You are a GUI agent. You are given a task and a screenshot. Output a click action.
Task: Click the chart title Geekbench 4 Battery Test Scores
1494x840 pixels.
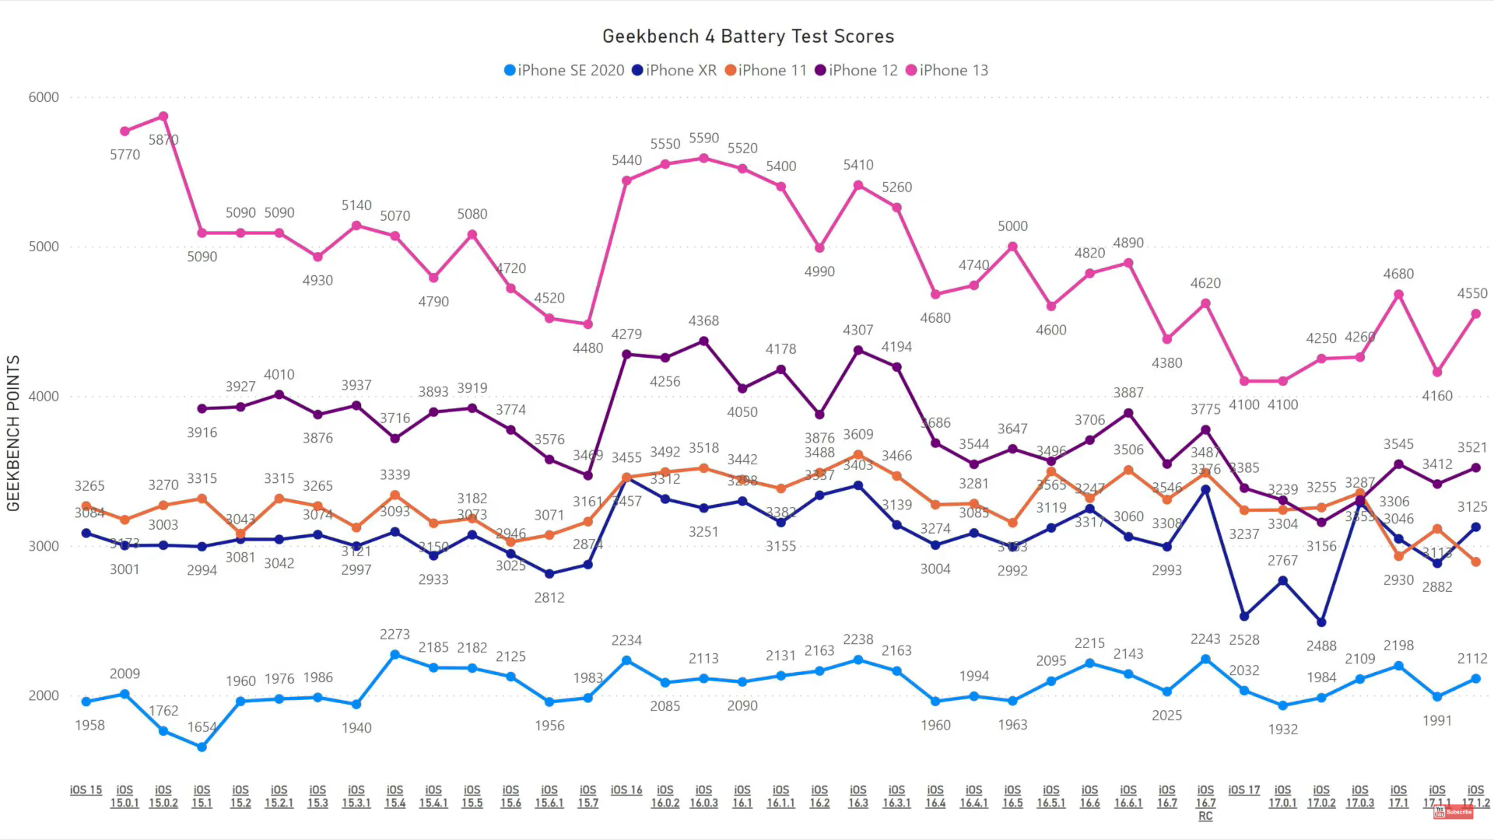748,37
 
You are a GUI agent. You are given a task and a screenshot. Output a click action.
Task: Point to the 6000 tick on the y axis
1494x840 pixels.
44,97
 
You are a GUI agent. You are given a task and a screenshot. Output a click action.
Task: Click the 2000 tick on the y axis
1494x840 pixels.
44,695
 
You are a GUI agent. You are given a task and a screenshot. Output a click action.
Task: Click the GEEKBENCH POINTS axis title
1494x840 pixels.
13,433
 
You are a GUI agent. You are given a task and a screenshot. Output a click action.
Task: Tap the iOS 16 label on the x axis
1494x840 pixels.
626,790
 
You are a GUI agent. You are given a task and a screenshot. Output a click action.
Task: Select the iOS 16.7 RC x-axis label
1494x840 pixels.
1205,803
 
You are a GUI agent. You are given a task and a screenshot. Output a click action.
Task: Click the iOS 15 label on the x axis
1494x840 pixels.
86,790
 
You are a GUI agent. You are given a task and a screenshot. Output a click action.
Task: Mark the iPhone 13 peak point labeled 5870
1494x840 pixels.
163,117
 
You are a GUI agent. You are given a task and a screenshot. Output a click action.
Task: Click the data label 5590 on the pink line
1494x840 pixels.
703,138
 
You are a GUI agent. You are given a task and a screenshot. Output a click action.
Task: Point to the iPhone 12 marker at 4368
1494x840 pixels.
703,341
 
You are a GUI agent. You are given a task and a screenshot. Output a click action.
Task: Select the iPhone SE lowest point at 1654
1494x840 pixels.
202,747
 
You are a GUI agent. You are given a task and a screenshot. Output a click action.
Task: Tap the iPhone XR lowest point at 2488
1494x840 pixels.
1321,622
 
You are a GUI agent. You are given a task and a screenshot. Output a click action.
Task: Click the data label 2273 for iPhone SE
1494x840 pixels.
395,635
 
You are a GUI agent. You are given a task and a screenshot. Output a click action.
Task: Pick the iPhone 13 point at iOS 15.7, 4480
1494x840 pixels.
587,324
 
